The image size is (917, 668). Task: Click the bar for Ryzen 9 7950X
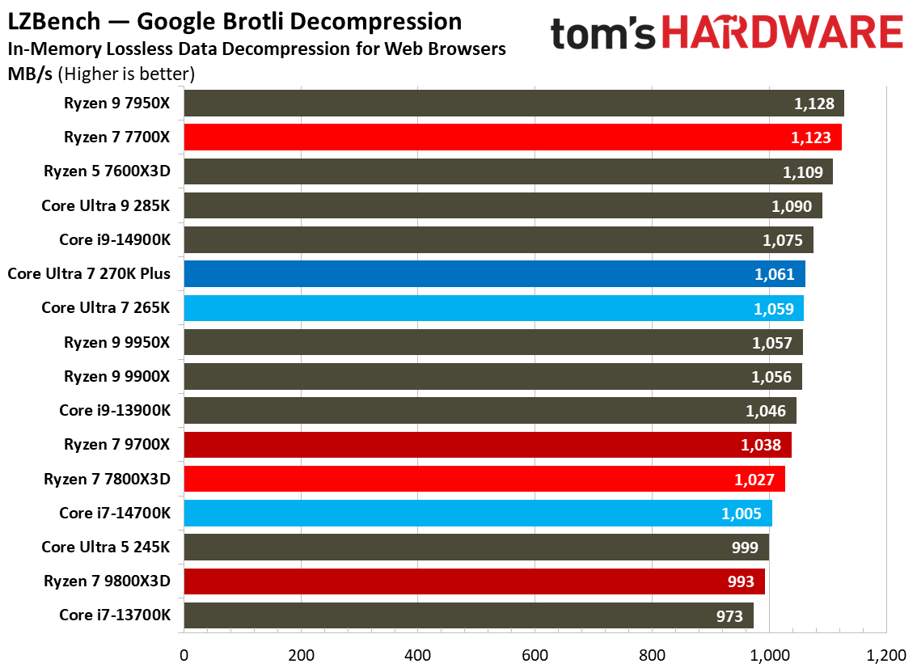click(x=513, y=104)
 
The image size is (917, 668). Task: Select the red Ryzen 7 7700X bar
click(x=513, y=137)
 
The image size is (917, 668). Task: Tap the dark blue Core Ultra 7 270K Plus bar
click(x=494, y=274)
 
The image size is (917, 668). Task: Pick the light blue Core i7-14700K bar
click(x=478, y=513)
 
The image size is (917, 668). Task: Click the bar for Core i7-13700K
click(x=468, y=615)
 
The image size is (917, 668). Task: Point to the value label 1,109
click(x=802, y=172)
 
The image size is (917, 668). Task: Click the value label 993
click(x=740, y=581)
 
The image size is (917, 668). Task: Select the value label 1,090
click(x=792, y=206)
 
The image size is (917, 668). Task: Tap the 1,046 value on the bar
click(x=765, y=411)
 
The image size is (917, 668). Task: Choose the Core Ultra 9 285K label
click(x=106, y=206)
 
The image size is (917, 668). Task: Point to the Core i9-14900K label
click(x=115, y=240)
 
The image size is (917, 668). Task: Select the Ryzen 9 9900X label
click(x=117, y=377)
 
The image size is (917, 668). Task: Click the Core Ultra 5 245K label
click(x=106, y=548)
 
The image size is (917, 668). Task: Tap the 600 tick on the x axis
click(x=535, y=654)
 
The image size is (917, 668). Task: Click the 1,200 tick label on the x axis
click(x=886, y=654)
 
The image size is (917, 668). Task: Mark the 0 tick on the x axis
click(x=184, y=654)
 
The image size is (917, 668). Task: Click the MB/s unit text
click(x=30, y=74)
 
